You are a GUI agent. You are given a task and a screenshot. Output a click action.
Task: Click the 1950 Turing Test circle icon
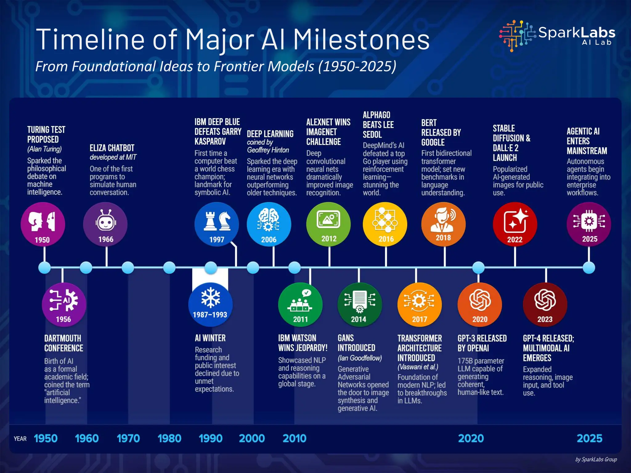coord(43,224)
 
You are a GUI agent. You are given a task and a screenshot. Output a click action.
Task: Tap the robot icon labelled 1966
coord(105,224)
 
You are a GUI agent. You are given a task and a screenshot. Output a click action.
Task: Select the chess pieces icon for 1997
coord(217,224)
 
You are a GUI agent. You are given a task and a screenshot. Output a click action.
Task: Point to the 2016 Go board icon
coord(385,224)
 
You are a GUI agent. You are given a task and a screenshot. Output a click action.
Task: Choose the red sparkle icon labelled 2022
coord(515,224)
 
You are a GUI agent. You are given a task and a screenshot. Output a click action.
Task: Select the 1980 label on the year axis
coord(169,438)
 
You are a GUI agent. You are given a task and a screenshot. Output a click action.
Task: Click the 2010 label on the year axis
coord(294,438)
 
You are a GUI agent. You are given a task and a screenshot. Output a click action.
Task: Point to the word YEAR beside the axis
coord(20,439)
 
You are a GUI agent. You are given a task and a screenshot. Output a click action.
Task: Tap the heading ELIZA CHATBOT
coord(112,148)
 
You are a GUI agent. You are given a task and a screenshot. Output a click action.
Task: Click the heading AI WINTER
coord(210,338)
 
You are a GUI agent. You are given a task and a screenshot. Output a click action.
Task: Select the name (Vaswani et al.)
coord(417,367)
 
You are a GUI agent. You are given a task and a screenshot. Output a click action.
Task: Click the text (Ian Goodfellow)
coord(360,358)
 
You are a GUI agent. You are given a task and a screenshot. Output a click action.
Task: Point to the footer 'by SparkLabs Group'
coord(596,459)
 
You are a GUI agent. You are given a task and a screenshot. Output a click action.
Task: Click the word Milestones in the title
coord(361,40)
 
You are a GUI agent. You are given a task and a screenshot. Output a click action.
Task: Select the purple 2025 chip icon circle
coord(589,224)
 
